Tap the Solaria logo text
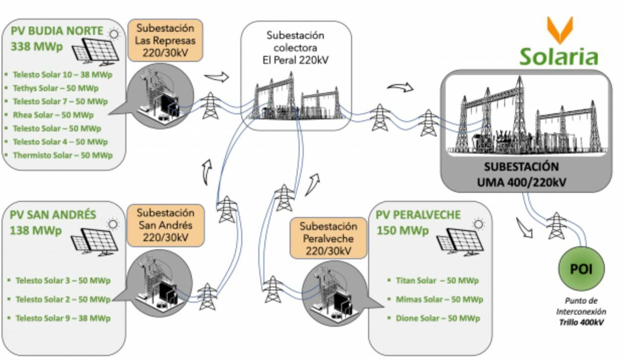(559, 57)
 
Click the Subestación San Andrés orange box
(165, 225)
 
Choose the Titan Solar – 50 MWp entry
(437, 280)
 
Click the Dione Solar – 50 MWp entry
(437, 318)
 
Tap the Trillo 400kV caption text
(582, 322)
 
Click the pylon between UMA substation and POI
(557, 225)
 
